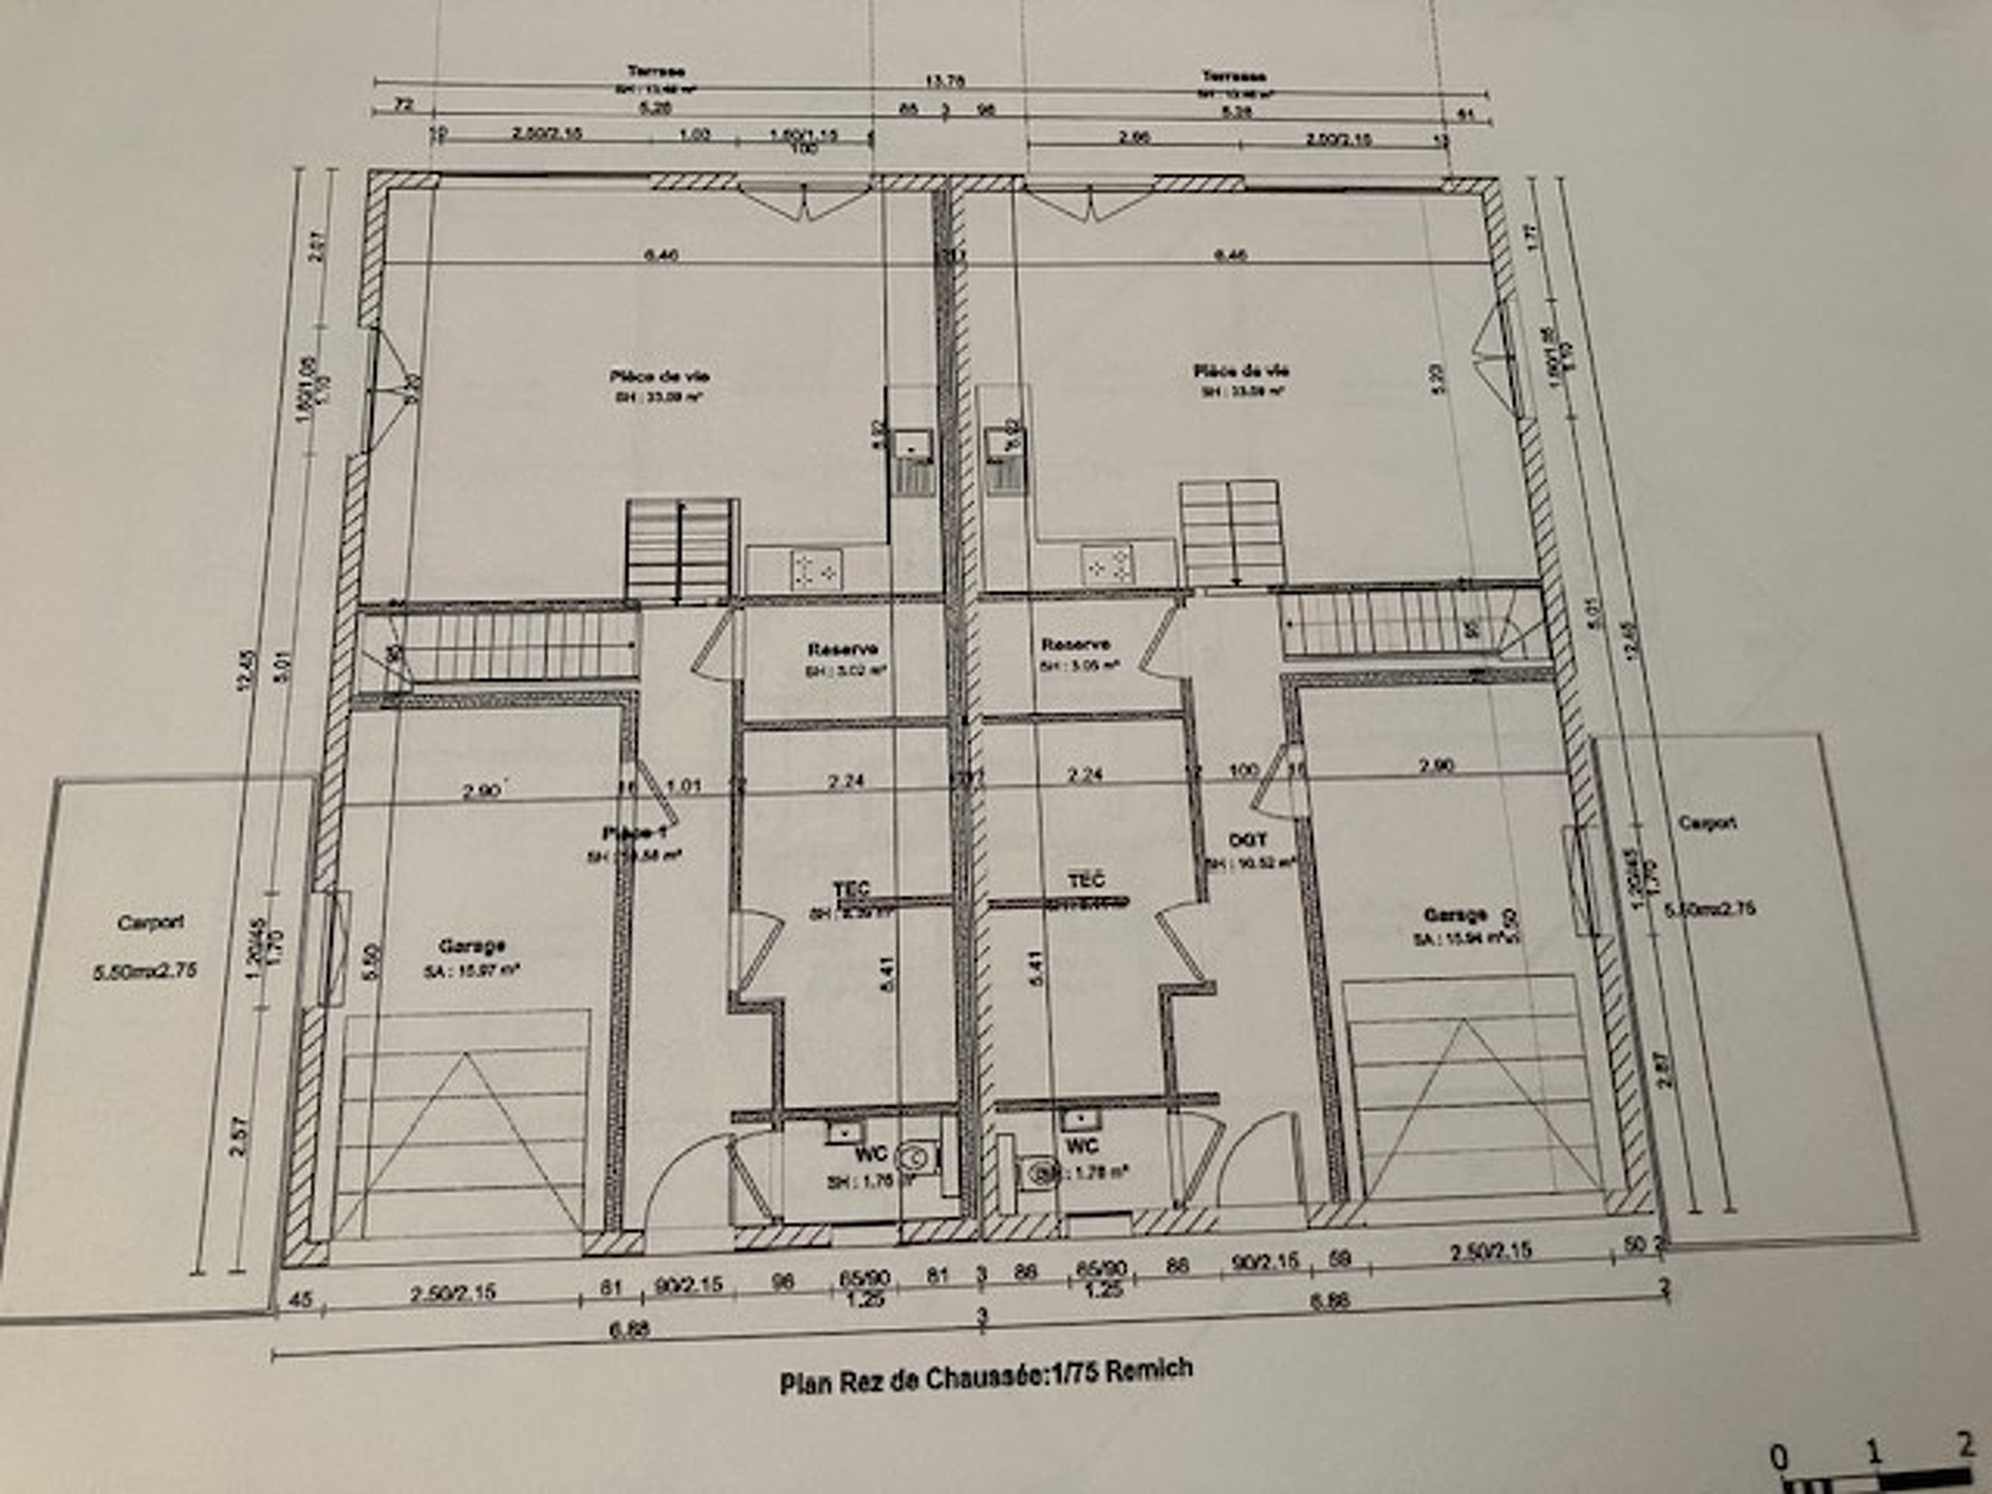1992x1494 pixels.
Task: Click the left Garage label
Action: click(x=472, y=946)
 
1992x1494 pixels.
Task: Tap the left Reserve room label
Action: click(x=843, y=648)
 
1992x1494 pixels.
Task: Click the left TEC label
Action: click(x=851, y=889)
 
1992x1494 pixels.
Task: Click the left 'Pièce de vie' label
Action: click(x=659, y=377)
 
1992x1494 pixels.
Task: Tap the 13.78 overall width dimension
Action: click(x=945, y=81)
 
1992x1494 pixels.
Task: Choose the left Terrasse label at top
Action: click(x=657, y=71)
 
